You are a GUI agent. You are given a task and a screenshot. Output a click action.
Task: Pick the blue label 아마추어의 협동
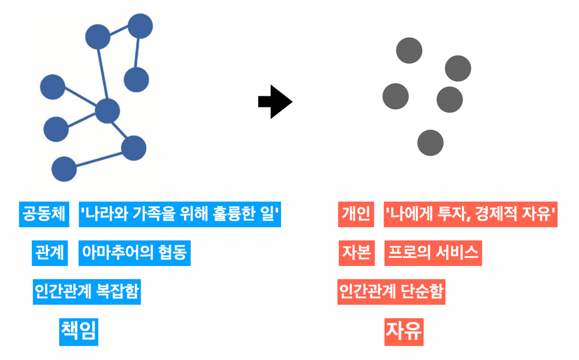coord(134,253)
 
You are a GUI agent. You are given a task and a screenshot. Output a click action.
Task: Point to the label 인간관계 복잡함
coord(87,292)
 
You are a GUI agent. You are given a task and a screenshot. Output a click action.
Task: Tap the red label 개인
coord(355,214)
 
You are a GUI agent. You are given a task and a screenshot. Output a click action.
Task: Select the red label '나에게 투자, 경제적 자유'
coord(470,214)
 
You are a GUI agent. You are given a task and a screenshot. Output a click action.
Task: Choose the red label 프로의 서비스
coord(433,253)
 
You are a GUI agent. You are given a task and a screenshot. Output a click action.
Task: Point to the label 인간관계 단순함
coord(391,292)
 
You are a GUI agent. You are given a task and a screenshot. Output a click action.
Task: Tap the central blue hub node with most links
coord(107,111)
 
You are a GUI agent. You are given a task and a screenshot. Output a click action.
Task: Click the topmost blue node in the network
coord(140,26)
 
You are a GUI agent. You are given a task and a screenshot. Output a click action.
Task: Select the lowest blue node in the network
coord(64,169)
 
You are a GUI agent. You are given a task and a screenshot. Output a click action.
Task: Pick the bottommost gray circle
coord(430,143)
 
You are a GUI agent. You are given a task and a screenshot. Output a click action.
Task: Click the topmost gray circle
coord(409,50)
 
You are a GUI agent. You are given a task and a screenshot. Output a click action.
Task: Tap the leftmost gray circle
coord(396,95)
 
